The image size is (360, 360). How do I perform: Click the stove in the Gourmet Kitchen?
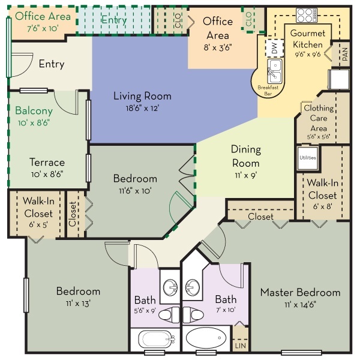tap(307, 15)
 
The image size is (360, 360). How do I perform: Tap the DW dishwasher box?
tap(274, 48)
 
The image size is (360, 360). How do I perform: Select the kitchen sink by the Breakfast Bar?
tap(275, 71)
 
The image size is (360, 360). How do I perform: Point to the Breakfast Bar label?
tap(268, 90)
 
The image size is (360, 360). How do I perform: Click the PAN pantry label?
tap(345, 54)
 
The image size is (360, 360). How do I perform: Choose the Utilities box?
tap(308, 158)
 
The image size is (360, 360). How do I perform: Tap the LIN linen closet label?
tap(241, 346)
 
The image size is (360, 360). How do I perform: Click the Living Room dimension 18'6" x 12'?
tap(142, 108)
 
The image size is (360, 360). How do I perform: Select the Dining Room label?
tap(246, 156)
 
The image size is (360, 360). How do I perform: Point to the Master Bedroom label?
tap(301, 292)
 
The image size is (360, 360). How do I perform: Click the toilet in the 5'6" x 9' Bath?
tap(169, 315)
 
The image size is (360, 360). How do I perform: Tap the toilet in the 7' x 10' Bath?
tap(193, 314)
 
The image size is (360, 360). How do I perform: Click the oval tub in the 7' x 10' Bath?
tap(206, 338)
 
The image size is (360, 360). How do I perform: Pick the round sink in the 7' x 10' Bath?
tap(193, 287)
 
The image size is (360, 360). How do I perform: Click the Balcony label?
tap(34, 110)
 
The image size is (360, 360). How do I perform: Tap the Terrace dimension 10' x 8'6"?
tap(47, 174)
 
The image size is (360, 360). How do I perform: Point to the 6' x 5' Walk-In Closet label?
tap(38, 212)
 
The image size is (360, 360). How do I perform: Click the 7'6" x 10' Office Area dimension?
tap(43, 28)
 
